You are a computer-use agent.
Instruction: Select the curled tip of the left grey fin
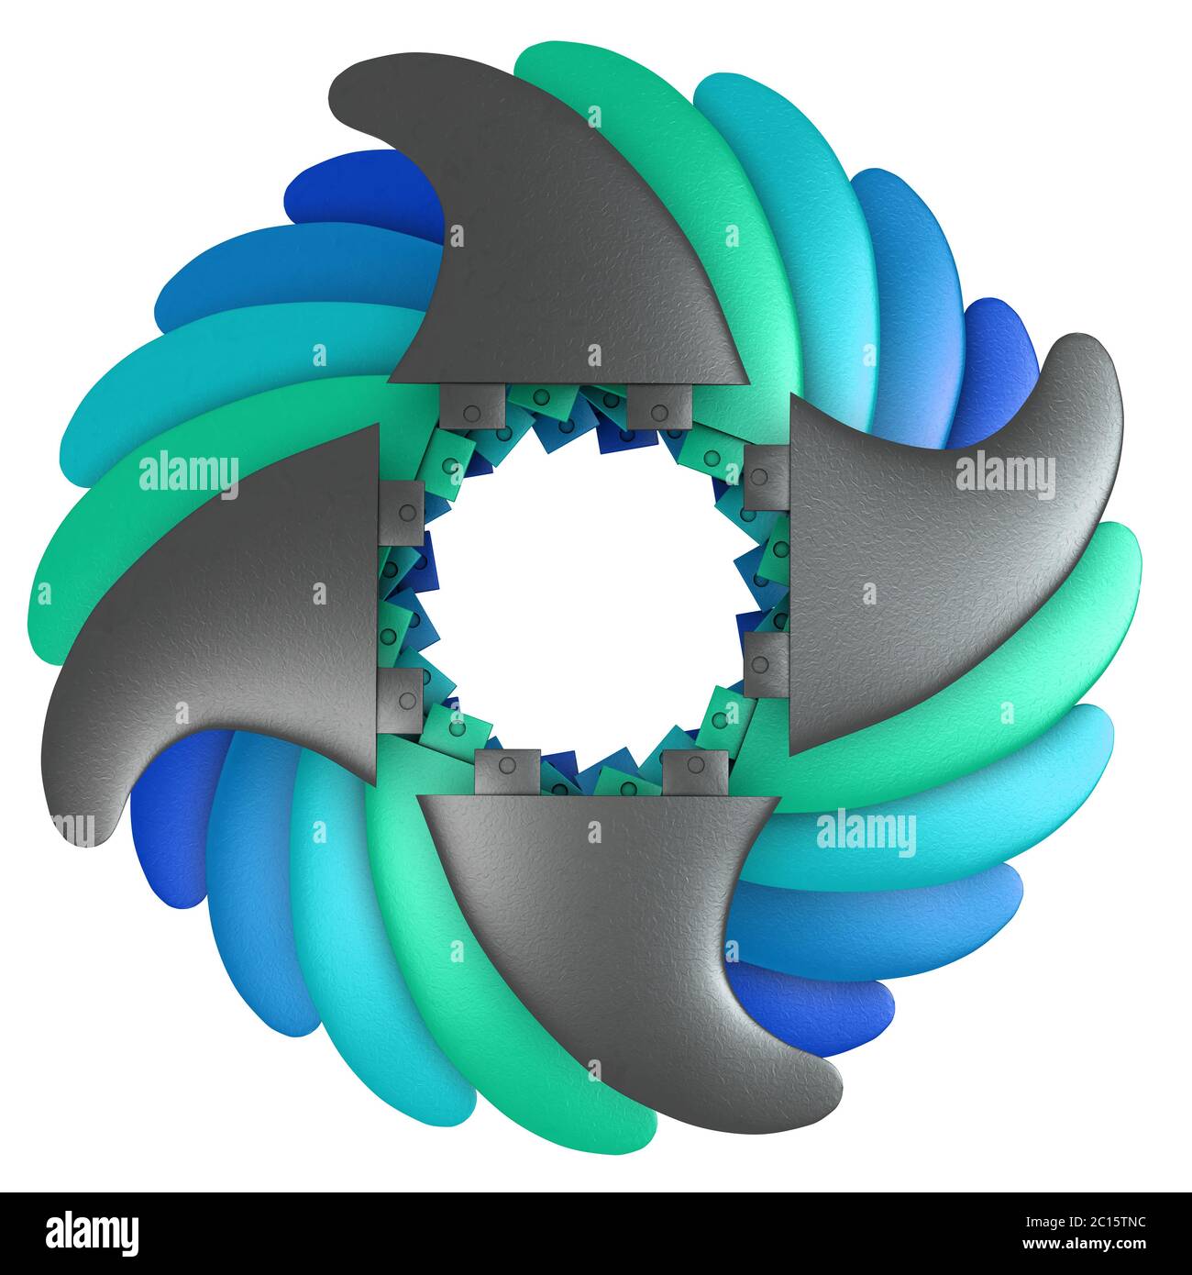pyautogui.click(x=73, y=816)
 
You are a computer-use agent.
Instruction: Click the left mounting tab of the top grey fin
pyautogui.click(x=472, y=405)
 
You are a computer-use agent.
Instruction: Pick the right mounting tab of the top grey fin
pyautogui.click(x=660, y=405)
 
